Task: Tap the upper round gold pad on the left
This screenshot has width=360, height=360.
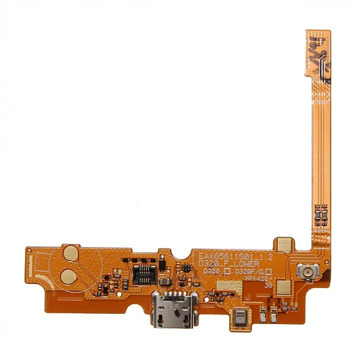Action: (71, 252)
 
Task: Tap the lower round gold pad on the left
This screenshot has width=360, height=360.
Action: (71, 275)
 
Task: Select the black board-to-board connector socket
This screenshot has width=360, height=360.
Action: (144, 275)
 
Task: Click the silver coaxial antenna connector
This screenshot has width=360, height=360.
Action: (305, 271)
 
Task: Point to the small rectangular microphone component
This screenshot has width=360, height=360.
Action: (240, 317)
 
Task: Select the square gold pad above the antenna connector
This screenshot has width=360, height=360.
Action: (284, 246)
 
